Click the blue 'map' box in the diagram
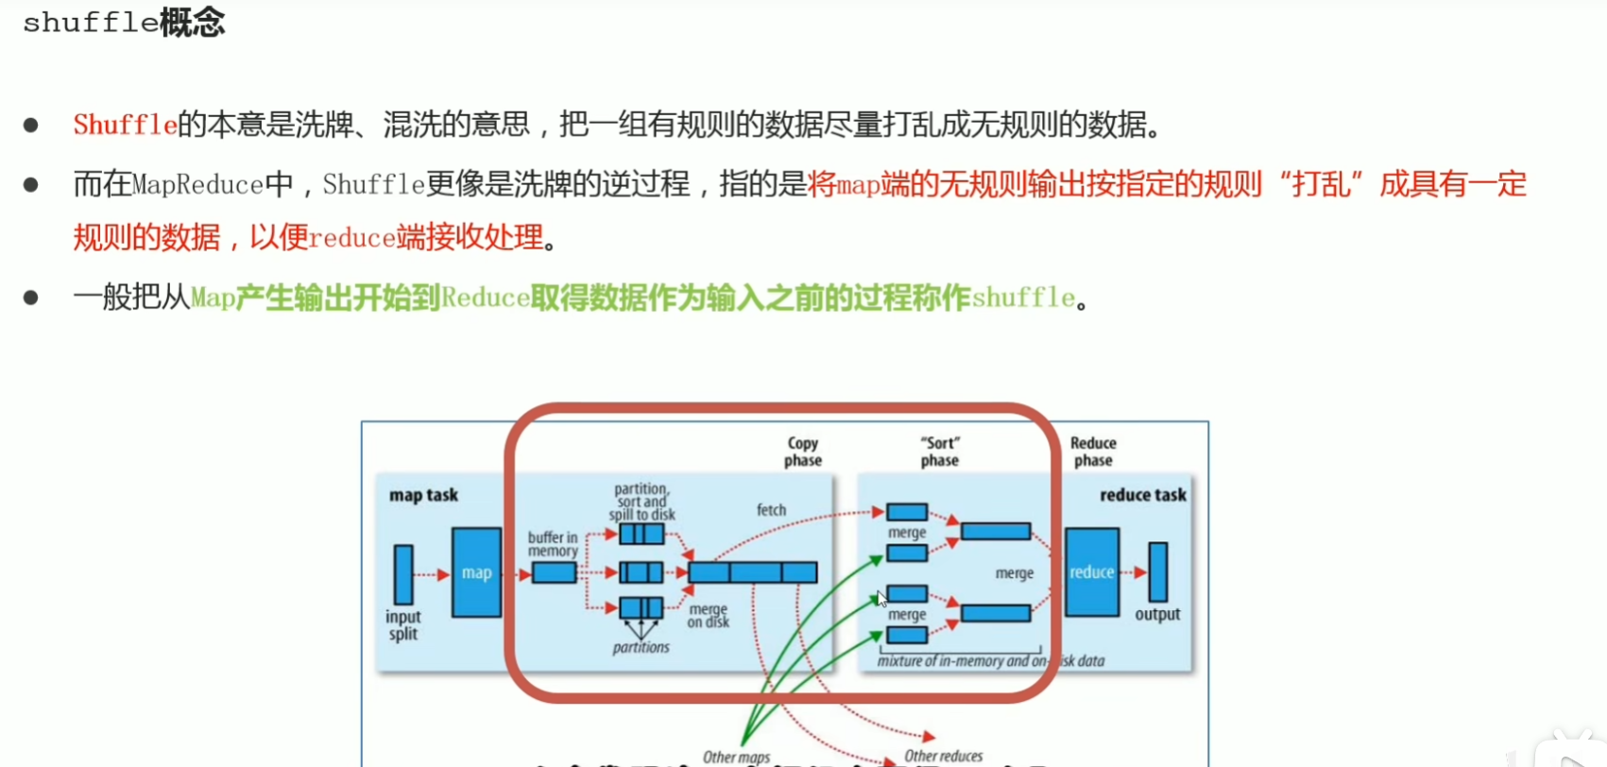click(x=476, y=572)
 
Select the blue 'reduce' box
click(x=1091, y=572)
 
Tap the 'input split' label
click(x=402, y=625)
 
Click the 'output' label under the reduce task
click(x=1157, y=614)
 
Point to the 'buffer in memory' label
click(x=553, y=544)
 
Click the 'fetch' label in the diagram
click(x=771, y=510)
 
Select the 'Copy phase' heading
click(x=803, y=452)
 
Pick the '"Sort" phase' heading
click(x=939, y=452)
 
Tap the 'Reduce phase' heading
click(x=1093, y=452)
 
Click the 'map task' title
click(x=423, y=495)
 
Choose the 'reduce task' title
click(x=1142, y=495)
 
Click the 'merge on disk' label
click(x=709, y=616)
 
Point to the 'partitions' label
click(x=641, y=648)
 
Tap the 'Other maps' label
click(x=736, y=757)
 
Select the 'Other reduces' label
click(x=943, y=756)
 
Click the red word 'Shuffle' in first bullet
click(x=125, y=125)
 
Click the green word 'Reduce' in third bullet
click(x=485, y=298)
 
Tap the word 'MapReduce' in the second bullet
click(x=197, y=184)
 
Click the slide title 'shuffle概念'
click(x=124, y=23)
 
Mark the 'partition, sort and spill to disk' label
click(x=641, y=502)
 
